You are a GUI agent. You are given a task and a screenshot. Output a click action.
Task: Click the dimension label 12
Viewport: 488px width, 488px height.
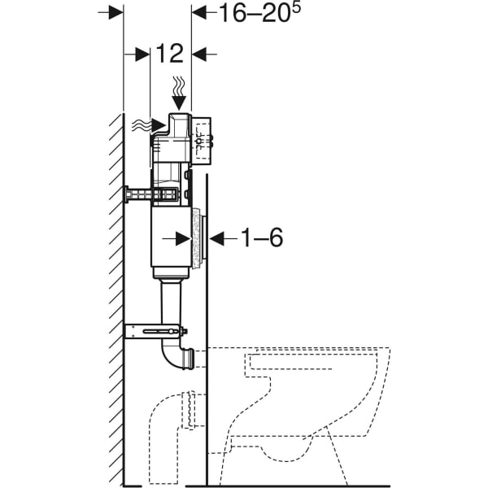[171, 54]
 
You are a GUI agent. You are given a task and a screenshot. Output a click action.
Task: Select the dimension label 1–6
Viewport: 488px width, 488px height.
[261, 238]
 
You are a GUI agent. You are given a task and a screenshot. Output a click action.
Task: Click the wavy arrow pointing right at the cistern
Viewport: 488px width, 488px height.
[142, 124]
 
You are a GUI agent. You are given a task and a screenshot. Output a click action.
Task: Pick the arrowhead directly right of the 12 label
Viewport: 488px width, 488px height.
[203, 54]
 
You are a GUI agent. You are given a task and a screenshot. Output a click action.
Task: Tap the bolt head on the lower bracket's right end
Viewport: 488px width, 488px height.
[184, 331]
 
